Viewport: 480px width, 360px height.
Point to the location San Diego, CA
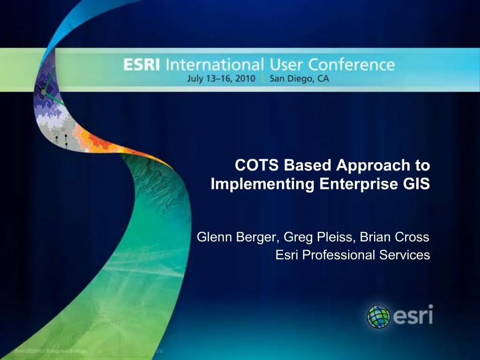tap(299, 79)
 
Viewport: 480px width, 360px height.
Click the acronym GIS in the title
tap(417, 184)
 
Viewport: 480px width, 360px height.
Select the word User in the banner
tap(284, 65)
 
